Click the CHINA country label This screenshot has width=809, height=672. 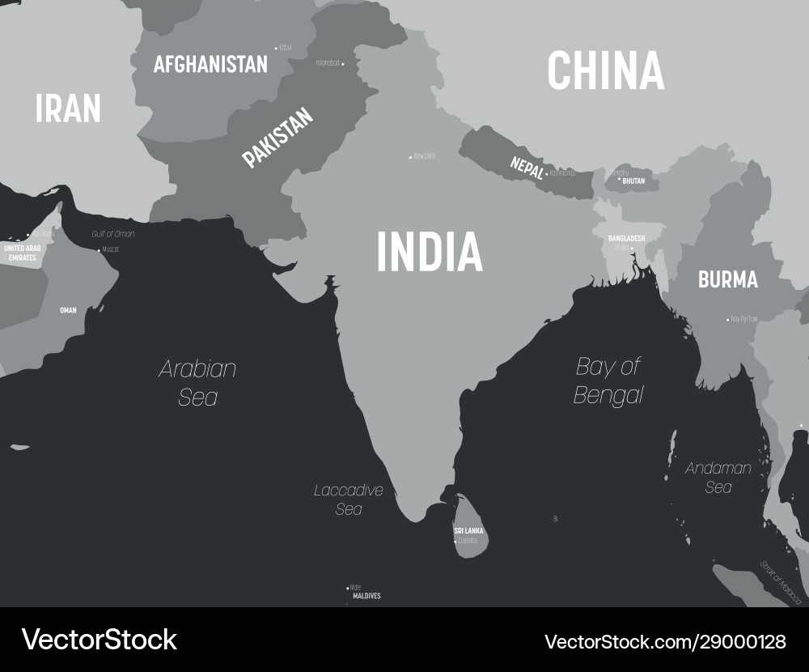click(605, 70)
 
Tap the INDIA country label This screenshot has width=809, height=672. click(430, 251)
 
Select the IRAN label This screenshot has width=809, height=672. click(68, 108)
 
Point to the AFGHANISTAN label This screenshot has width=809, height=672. click(210, 65)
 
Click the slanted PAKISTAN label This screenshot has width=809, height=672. click(277, 138)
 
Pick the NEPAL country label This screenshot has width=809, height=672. click(527, 167)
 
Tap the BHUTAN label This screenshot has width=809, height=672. click(633, 181)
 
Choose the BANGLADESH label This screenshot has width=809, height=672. click(627, 238)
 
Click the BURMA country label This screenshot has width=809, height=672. click(728, 280)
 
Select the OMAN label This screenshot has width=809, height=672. click(68, 310)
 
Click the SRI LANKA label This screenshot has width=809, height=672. click(468, 531)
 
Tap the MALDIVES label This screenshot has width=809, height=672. click(366, 596)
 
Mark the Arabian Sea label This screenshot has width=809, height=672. click(198, 383)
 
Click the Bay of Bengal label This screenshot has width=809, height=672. click(608, 381)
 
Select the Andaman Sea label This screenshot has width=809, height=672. click(718, 478)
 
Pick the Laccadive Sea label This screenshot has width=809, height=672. click(349, 500)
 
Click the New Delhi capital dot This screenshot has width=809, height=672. click(410, 156)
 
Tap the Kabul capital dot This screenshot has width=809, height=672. click(276, 48)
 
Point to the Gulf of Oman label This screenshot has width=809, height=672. click(113, 234)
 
